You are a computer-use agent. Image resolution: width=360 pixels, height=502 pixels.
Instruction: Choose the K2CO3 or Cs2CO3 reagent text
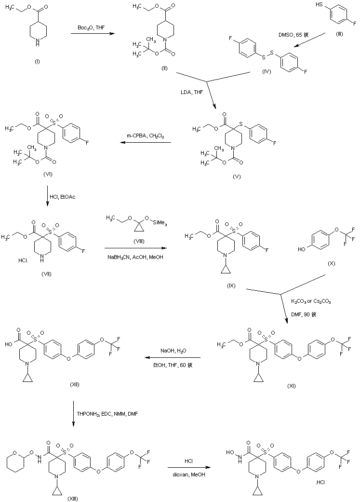310,301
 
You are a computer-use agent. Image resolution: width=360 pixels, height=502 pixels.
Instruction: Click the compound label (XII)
74,384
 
